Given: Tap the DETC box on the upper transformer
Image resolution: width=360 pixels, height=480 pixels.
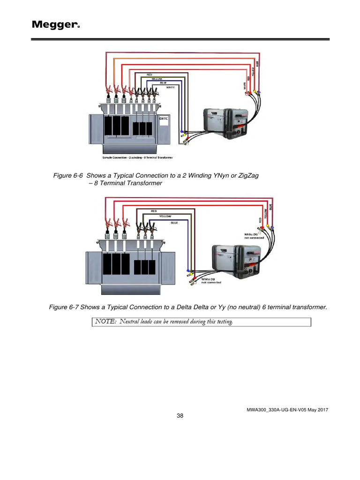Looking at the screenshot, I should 164,119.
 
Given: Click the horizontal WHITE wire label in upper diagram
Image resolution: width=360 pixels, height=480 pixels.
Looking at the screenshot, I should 171,88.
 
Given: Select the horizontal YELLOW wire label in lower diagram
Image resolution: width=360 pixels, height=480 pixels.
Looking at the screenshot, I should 165,217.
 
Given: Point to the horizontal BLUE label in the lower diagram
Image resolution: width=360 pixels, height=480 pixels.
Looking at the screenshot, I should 174,223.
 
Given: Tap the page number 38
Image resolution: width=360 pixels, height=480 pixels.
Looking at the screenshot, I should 180,416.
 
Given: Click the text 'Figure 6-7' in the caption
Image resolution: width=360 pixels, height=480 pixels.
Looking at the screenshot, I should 64,307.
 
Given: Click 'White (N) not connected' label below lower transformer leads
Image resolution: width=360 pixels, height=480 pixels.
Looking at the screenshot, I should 211,281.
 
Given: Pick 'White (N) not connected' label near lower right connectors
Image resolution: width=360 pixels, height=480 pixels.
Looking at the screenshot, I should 253,235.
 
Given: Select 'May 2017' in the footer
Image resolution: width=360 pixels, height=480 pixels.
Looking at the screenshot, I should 317,410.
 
